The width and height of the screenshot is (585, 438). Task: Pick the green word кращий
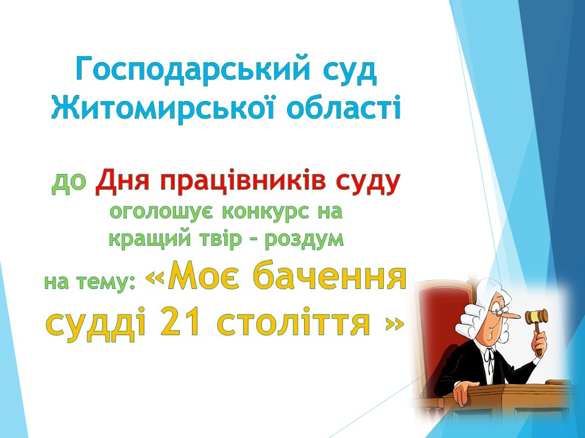click(149, 239)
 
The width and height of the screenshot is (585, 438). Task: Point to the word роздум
click(304, 239)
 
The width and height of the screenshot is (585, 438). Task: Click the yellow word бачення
click(329, 278)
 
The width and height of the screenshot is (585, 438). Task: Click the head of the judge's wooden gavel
click(536, 316)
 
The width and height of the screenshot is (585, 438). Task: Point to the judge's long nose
click(510, 315)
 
